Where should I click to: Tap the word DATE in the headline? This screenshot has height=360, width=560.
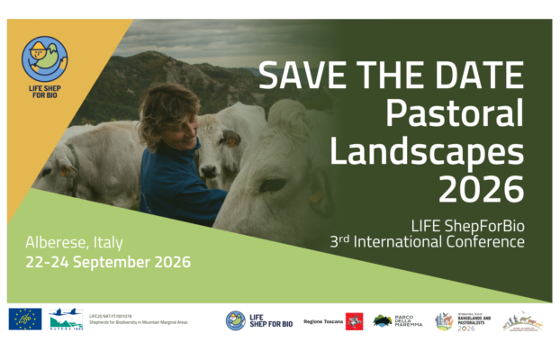click(476, 76)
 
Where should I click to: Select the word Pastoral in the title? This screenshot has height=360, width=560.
click(454, 113)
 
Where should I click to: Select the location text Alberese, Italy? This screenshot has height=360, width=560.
click(74, 243)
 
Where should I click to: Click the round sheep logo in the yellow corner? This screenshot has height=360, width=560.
click(44, 56)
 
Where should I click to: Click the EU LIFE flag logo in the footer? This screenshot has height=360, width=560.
click(24, 319)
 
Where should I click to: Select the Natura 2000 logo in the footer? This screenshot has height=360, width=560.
click(67, 319)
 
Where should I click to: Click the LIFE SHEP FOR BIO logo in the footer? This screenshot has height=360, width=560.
click(258, 320)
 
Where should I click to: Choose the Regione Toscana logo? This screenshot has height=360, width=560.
click(332, 321)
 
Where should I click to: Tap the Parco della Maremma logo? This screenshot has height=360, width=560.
click(395, 321)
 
